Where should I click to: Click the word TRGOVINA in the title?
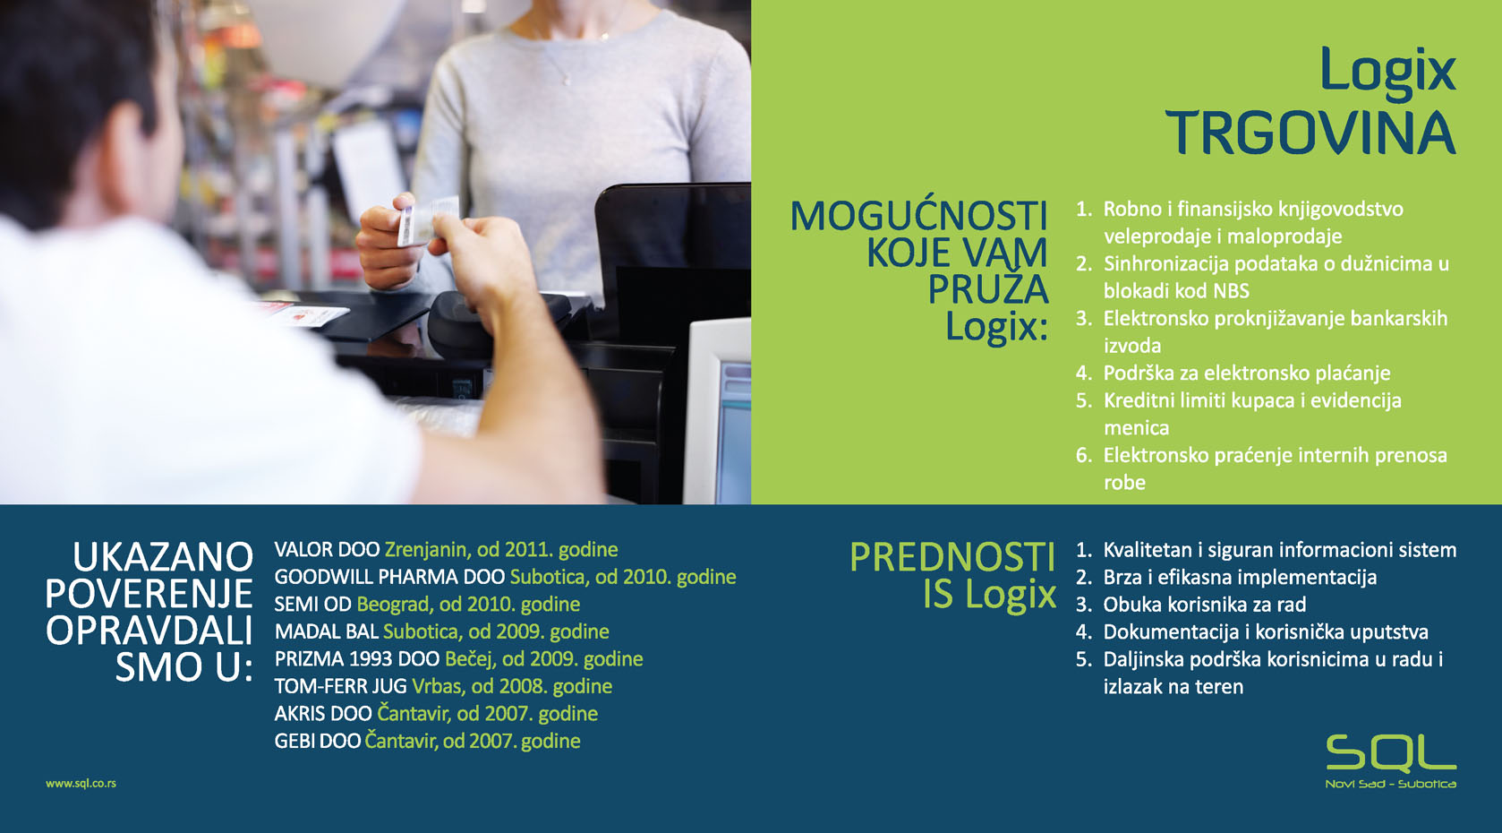click(1310, 133)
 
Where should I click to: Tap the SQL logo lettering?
click(1391, 753)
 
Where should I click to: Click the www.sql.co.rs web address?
click(81, 784)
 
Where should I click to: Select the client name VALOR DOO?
click(327, 550)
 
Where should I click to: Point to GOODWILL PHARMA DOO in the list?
click(389, 577)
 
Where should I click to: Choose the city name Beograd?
click(388, 605)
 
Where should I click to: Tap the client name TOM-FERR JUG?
click(340, 687)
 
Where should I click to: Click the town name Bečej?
click(469, 659)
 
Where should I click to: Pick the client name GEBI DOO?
click(317, 741)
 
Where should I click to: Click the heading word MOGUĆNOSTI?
click(918, 215)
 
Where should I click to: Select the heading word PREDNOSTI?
click(952, 557)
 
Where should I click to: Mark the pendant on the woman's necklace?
click(567, 82)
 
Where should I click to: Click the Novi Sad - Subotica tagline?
click(1391, 784)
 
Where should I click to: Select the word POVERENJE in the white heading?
click(149, 593)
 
